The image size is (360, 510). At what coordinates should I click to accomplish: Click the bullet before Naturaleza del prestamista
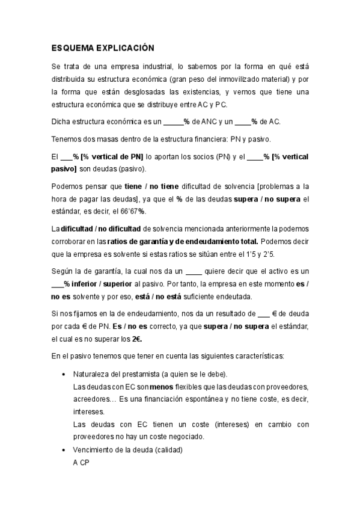point(65,373)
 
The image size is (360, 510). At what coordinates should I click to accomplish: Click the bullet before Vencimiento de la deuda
point(65,450)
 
